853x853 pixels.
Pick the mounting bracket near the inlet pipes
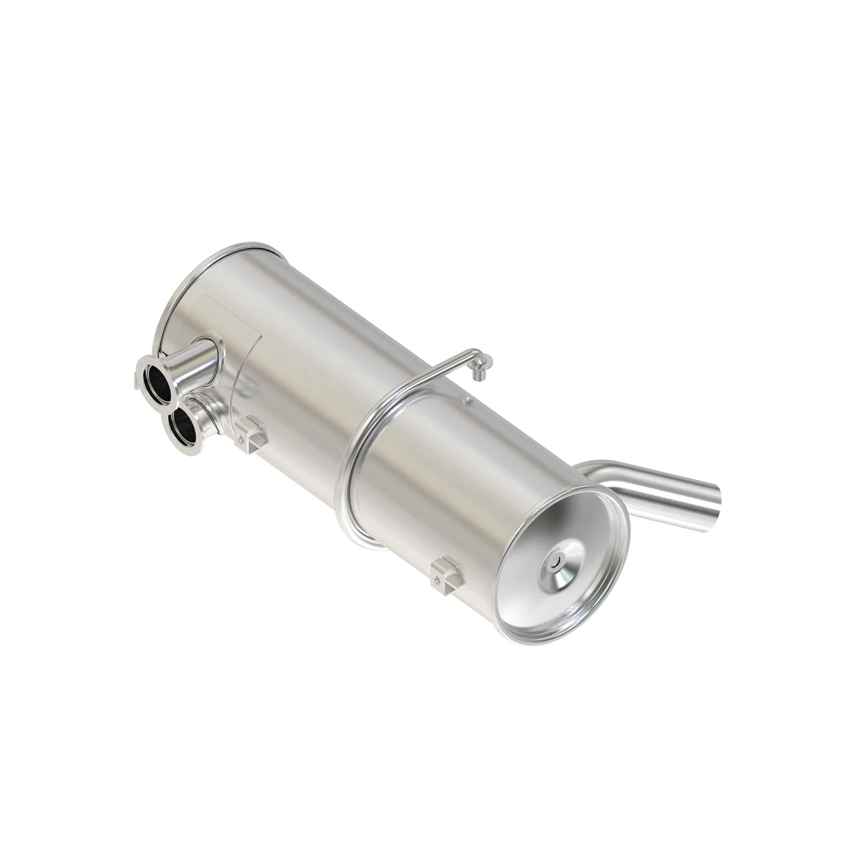point(250,433)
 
